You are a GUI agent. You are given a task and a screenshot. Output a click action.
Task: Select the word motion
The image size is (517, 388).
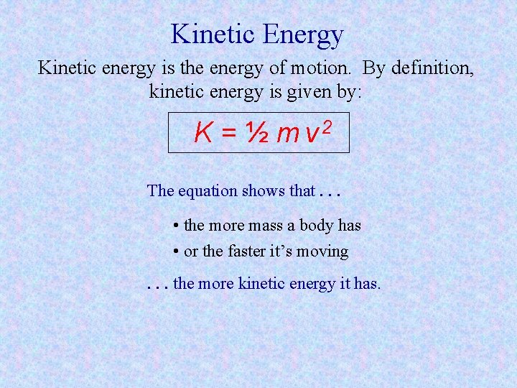pyautogui.click(x=325, y=68)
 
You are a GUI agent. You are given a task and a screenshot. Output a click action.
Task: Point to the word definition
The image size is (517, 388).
pyautogui.click(x=429, y=68)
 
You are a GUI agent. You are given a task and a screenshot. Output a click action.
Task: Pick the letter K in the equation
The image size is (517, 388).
pyautogui.click(x=203, y=132)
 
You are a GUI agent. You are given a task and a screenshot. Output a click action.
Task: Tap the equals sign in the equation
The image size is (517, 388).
pyautogui.click(x=228, y=133)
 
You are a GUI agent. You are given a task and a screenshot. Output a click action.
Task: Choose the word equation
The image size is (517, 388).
pyautogui.click(x=208, y=191)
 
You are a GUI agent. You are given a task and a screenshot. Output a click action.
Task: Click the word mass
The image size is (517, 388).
pyautogui.click(x=265, y=226)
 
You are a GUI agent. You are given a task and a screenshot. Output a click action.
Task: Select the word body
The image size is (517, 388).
pyautogui.click(x=316, y=226)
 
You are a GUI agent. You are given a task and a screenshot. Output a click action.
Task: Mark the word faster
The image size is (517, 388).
pyautogui.click(x=248, y=251)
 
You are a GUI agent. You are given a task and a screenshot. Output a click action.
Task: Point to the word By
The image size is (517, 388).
pyautogui.click(x=374, y=68)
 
